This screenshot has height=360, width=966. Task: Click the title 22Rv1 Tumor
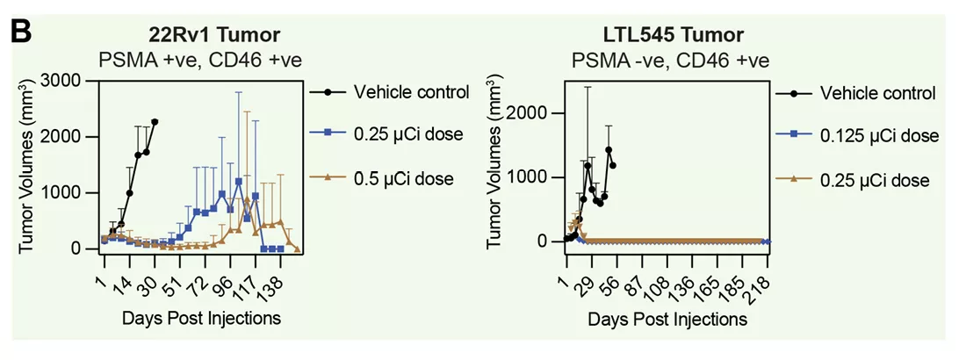pos(190,35)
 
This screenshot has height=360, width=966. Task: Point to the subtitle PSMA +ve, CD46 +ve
pos(190,61)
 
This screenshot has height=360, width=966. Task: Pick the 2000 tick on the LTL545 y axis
pos(540,113)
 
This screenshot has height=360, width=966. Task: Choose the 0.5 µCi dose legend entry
pos(404,179)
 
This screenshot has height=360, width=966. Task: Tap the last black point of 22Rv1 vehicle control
pos(155,122)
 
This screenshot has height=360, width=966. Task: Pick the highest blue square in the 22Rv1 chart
pos(238,182)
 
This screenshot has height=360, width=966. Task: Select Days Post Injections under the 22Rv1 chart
pos(202,317)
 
